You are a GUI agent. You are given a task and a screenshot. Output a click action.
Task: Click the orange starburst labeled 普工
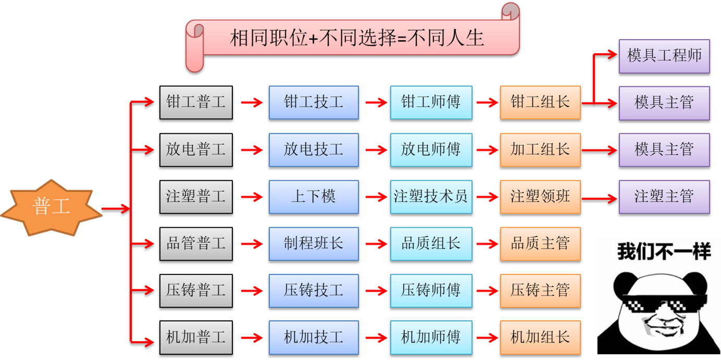pos(51,207)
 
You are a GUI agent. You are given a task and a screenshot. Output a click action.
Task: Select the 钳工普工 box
pos(195,102)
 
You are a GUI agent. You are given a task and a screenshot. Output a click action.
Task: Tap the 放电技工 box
pos(313,150)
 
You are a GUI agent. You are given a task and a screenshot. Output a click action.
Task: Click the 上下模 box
pos(313,196)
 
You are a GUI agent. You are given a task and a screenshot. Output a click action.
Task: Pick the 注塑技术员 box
pos(430,196)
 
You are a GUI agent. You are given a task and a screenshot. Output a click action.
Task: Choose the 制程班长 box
pos(313,243)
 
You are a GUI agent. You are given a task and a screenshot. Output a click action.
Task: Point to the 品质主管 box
pos(540,243)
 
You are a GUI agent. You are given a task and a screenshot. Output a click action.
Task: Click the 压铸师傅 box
pos(430,290)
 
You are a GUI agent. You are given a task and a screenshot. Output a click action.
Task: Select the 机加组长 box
pos(540,337)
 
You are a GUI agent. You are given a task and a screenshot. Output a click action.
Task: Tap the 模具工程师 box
pos(664,56)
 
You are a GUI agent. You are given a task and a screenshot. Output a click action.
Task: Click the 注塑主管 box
pos(664,196)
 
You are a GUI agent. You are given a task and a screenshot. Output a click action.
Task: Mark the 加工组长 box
pos(540,150)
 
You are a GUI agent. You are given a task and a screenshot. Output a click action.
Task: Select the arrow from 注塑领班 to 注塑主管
pos(600,198)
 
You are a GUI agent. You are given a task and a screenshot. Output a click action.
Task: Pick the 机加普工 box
pos(195,337)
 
